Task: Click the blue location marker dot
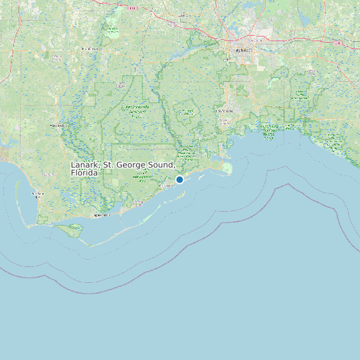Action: (x=179, y=179)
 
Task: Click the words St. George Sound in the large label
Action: (x=139, y=165)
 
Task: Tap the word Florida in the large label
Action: (x=84, y=173)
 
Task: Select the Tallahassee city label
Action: (x=240, y=50)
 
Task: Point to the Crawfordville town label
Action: (x=225, y=110)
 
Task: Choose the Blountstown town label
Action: (x=88, y=49)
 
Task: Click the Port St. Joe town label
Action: (x=37, y=194)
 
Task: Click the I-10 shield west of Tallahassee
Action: (x=134, y=7)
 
